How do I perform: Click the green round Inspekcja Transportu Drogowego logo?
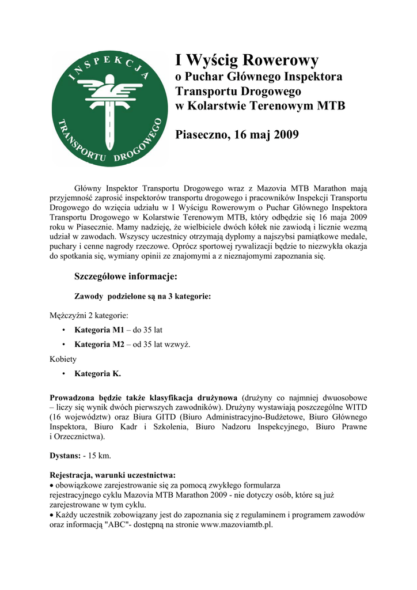[109, 109]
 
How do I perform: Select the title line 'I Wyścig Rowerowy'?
[247, 60]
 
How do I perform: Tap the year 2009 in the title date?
[286, 135]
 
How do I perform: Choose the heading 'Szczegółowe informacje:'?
[126, 277]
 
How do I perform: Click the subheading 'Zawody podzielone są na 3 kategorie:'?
[142, 296]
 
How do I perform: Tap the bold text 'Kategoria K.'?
[98, 373]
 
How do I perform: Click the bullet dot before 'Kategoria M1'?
[62, 331]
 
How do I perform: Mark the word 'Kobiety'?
[63, 359]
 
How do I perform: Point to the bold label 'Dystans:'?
[66, 455]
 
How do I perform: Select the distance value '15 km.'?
[99, 455]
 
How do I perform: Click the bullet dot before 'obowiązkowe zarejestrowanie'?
[52, 485]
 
